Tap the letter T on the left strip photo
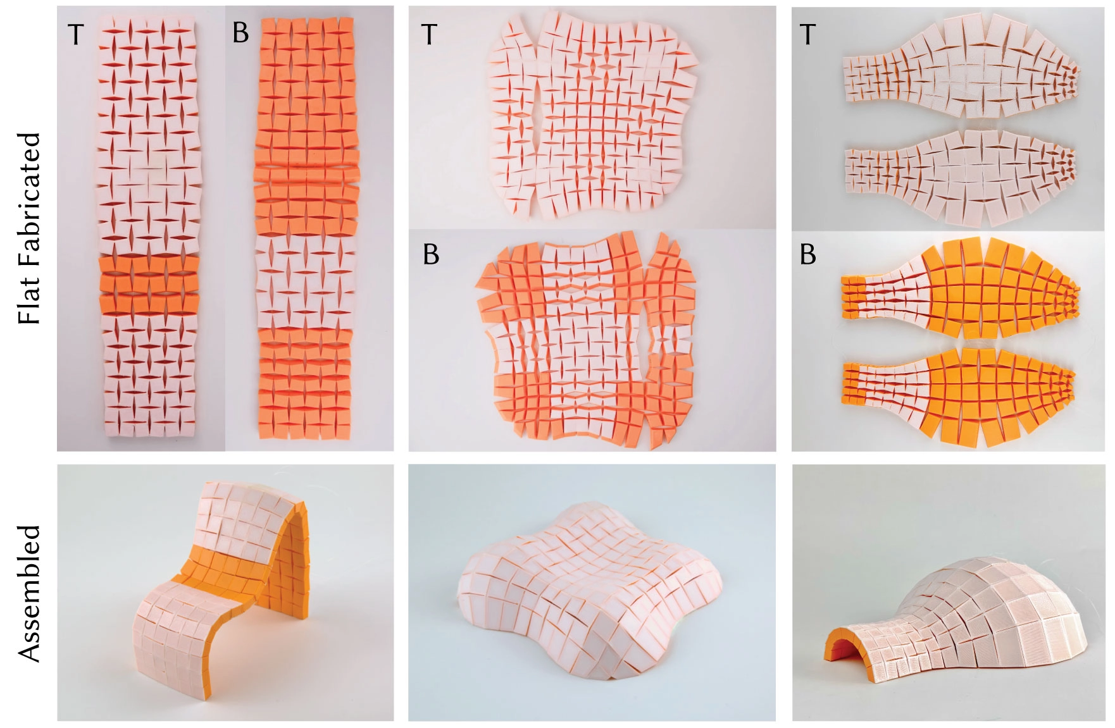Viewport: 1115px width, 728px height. point(76,34)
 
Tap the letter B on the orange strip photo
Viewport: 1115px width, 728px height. point(240,32)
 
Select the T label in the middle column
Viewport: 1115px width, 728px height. point(429,34)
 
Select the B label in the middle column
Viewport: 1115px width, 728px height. point(430,254)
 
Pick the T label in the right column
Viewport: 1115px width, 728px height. point(807,34)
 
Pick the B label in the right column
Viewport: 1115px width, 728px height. point(807,254)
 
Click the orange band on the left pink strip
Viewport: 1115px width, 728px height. point(149,283)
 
